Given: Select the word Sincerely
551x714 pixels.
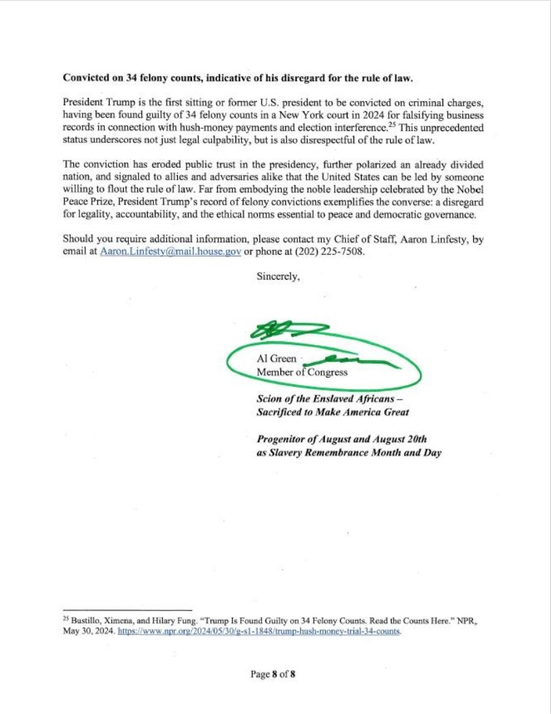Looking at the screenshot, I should tap(277, 276).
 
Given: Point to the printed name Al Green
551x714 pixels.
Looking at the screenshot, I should tap(276, 359).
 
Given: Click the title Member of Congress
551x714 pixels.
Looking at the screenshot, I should tap(302, 372).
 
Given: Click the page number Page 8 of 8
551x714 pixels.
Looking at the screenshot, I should tap(274, 674).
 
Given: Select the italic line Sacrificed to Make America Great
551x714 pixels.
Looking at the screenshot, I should tap(332, 412).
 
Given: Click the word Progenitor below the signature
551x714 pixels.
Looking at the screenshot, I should tap(284, 439).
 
